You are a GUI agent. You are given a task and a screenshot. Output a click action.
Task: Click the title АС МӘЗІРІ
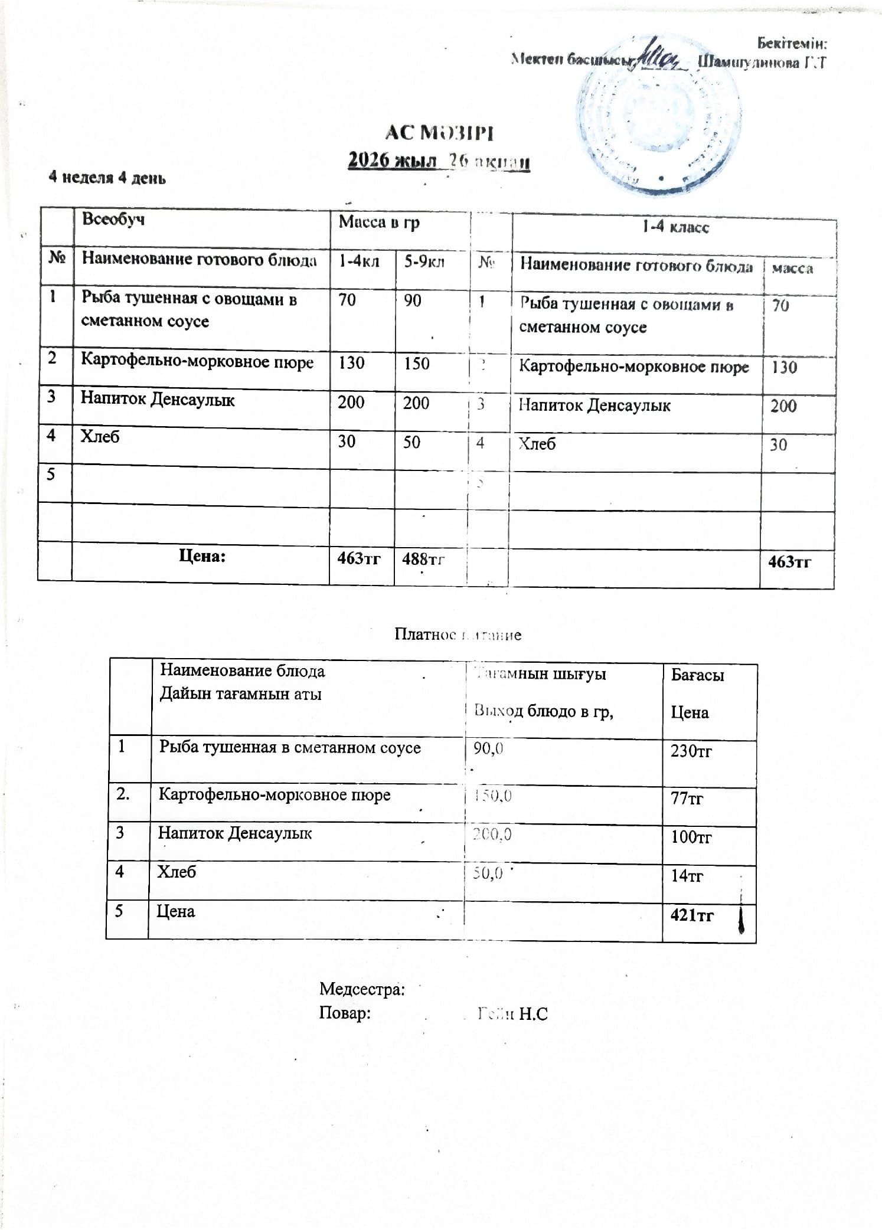coord(439,133)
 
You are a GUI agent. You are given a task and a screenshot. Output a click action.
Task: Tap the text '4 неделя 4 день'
coord(107,178)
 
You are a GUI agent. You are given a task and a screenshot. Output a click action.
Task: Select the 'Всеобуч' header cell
coord(113,220)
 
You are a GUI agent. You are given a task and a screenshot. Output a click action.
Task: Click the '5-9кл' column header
coord(424,261)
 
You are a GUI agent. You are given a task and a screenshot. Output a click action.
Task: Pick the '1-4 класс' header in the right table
coord(675,227)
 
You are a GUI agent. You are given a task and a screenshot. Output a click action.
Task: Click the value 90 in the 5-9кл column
coord(413,300)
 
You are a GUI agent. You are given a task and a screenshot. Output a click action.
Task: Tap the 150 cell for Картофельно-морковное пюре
coord(416,364)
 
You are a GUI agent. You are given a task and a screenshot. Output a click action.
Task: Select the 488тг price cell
coord(423,558)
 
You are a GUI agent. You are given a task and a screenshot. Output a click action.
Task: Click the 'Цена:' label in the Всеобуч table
coord(202,556)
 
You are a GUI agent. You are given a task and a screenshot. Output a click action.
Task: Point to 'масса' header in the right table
coord(792,269)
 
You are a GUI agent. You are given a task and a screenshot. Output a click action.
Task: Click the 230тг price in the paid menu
coord(691,751)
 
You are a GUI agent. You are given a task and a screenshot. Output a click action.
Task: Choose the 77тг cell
coord(687,799)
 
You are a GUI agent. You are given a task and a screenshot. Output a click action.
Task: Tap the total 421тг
coord(692,915)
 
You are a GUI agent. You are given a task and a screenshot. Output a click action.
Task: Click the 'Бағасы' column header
coord(697,675)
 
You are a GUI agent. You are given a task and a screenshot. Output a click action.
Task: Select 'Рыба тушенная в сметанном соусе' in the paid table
coord(289,748)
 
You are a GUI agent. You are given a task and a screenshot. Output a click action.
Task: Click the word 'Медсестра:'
coord(362,989)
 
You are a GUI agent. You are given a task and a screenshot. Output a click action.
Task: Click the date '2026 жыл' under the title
coord(392,161)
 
